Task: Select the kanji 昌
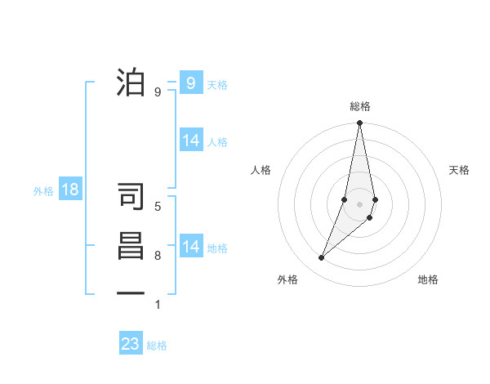tap(131, 246)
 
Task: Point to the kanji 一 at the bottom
tap(131, 292)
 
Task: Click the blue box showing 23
tap(131, 343)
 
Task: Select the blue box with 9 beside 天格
tap(190, 83)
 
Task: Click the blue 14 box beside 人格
tap(191, 141)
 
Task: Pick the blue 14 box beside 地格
tap(191, 247)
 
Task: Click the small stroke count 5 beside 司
tap(158, 207)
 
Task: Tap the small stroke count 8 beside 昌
tap(158, 256)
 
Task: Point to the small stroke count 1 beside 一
tap(158, 305)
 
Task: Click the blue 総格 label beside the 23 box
tap(157, 345)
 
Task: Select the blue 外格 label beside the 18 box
tap(43, 191)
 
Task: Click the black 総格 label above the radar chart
tap(359, 106)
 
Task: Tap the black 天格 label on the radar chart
tap(459, 170)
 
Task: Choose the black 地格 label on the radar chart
tap(428, 279)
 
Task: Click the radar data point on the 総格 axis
tap(359, 123)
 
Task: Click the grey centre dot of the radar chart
tap(359, 203)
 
